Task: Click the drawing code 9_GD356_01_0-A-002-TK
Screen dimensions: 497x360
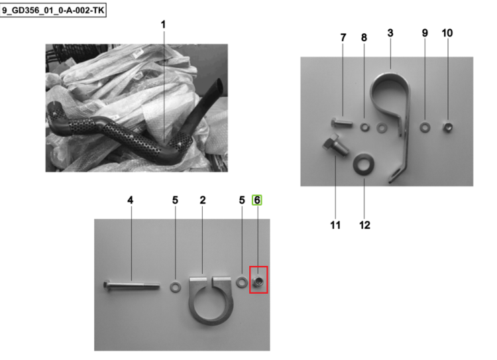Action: click(x=53, y=11)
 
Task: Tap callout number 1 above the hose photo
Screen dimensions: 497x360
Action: click(x=163, y=25)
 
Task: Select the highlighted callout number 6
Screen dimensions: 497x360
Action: click(x=257, y=200)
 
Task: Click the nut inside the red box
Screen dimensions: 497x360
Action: click(x=258, y=281)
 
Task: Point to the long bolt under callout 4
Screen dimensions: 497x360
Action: click(x=131, y=285)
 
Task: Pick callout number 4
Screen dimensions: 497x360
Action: click(x=131, y=200)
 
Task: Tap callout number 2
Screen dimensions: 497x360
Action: click(x=203, y=200)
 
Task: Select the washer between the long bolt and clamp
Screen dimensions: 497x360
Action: click(x=176, y=287)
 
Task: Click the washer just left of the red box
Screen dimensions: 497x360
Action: click(x=242, y=282)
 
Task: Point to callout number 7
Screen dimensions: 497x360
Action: click(x=343, y=38)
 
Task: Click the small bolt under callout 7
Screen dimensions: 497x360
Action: click(x=342, y=123)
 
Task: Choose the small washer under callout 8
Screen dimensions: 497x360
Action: click(x=365, y=127)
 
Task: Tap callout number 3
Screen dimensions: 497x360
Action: click(x=390, y=33)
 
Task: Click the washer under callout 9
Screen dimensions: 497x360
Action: click(x=425, y=127)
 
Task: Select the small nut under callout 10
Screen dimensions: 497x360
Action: click(x=447, y=127)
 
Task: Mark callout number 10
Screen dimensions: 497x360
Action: click(x=447, y=33)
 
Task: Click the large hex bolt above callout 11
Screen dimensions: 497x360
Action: click(x=336, y=146)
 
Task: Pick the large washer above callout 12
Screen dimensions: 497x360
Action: click(x=364, y=164)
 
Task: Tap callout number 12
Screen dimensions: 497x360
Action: click(x=364, y=225)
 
